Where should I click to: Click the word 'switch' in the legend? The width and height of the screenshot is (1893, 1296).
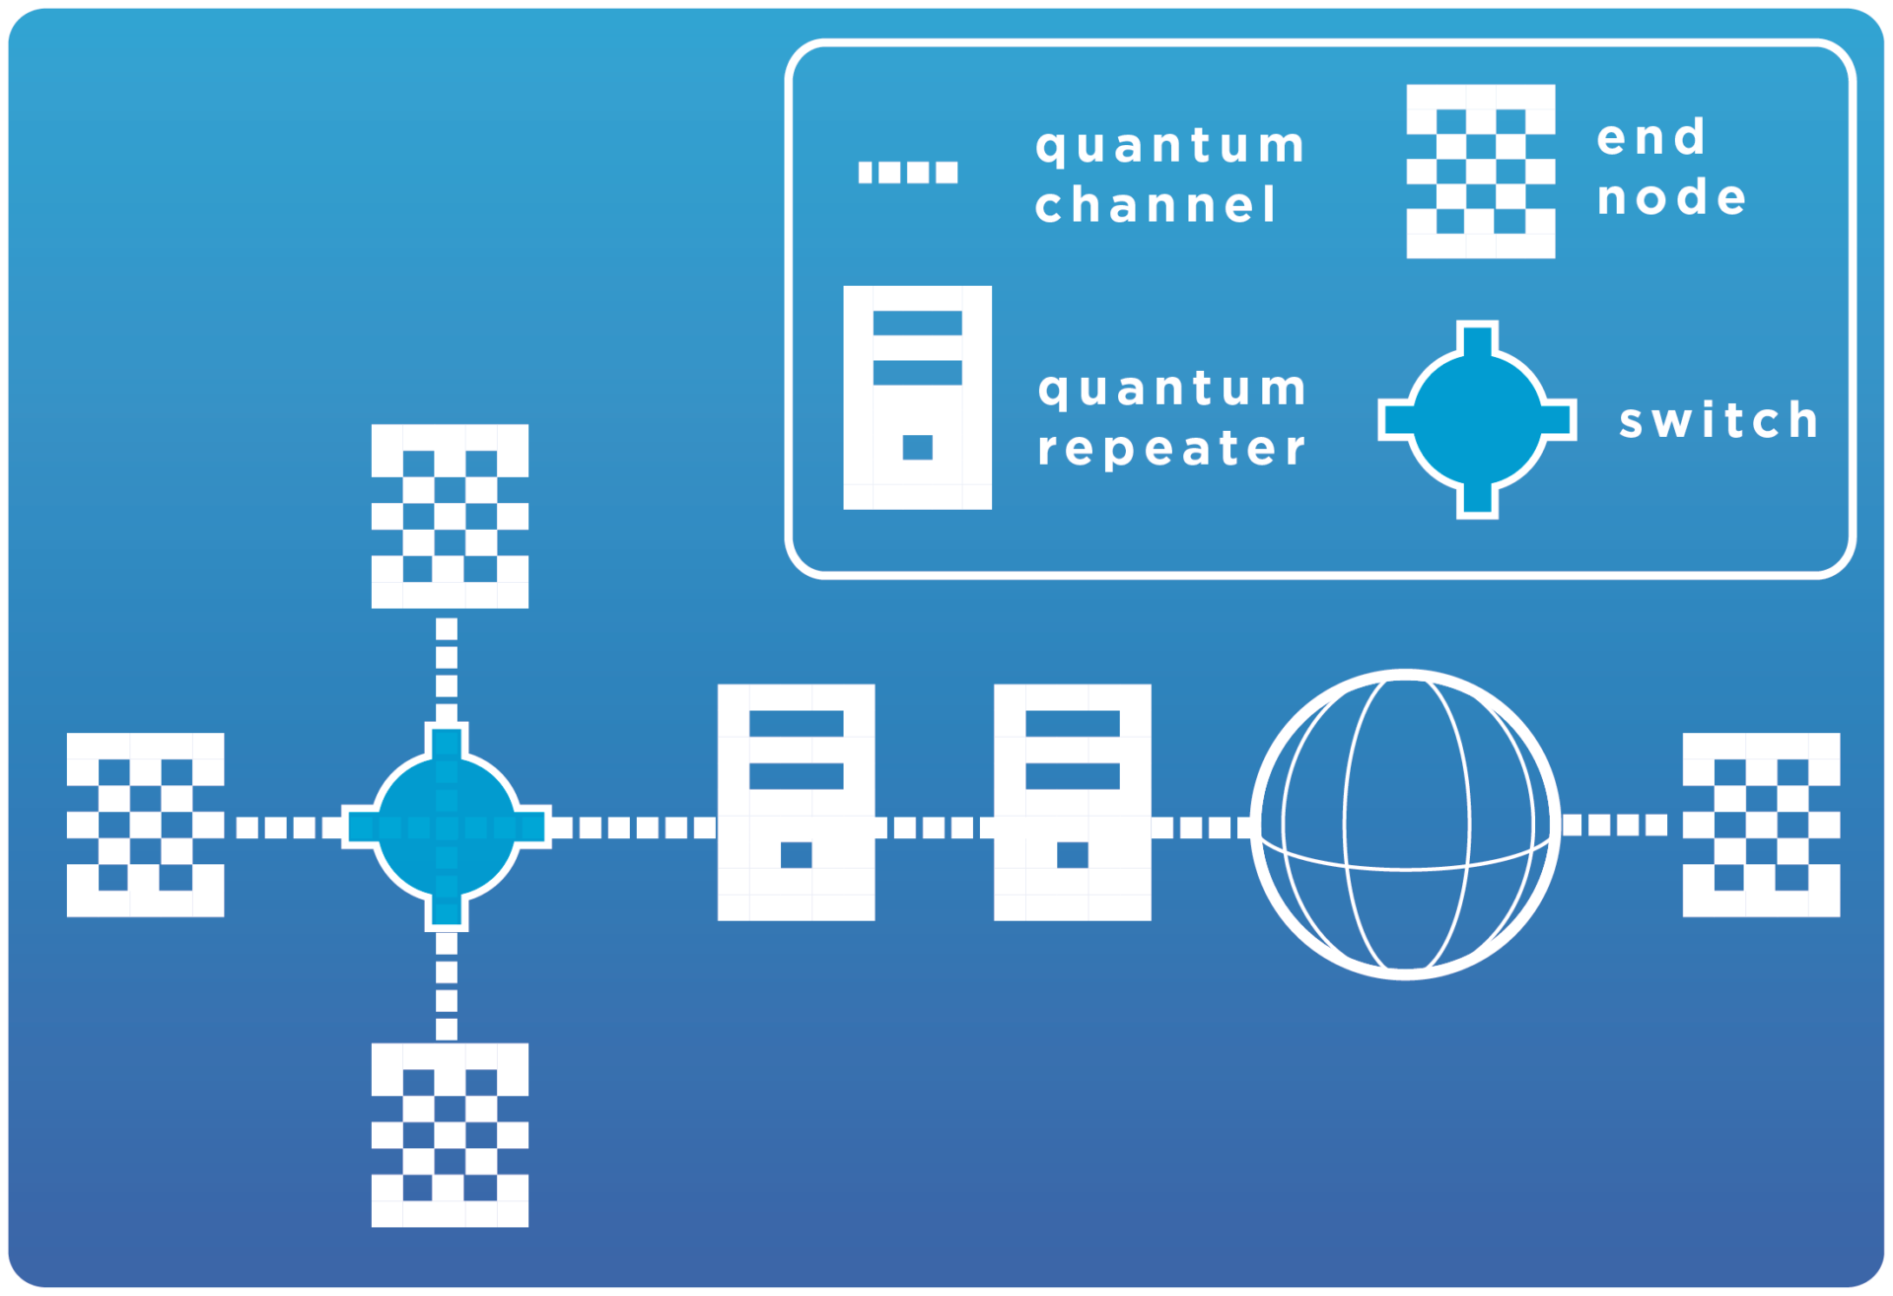pyautogui.click(x=1718, y=420)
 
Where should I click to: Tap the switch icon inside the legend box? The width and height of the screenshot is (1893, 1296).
pyautogui.click(x=1476, y=419)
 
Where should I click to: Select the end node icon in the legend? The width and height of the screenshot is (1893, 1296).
pyautogui.click(x=1480, y=172)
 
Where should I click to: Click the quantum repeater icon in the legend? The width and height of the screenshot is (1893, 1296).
pyautogui.click(x=917, y=397)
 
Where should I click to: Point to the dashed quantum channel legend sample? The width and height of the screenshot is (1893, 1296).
pyautogui.click(x=907, y=173)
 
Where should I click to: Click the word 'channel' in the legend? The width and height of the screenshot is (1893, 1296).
pyautogui.click(x=1156, y=205)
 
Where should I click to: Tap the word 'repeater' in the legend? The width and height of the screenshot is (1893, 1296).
pyautogui.click(x=1171, y=449)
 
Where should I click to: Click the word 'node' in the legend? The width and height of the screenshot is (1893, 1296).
pyautogui.click(x=1672, y=197)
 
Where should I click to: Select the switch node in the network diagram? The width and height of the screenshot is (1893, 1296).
pyautogui.click(x=447, y=827)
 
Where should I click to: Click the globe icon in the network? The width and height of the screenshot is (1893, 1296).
pyautogui.click(x=1405, y=825)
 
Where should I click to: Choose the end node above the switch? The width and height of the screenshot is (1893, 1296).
pyautogui.click(x=450, y=516)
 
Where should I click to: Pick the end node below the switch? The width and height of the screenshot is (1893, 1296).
pyautogui.click(x=450, y=1134)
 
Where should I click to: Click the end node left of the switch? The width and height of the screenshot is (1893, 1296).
pyautogui.click(x=145, y=825)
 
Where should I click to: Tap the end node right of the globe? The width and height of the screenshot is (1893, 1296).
pyautogui.click(x=1761, y=825)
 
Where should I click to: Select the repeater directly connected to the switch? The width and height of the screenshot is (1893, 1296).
pyautogui.click(x=796, y=802)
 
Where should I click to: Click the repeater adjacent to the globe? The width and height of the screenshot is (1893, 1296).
pyautogui.click(x=1072, y=802)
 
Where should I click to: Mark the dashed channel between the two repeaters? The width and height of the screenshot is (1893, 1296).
pyautogui.click(x=934, y=827)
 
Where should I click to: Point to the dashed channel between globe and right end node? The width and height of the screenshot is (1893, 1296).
pyautogui.click(x=1615, y=825)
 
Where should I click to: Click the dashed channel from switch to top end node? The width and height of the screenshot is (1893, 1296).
pyautogui.click(x=447, y=671)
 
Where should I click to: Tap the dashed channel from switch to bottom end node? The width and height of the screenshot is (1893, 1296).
pyautogui.click(x=447, y=986)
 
